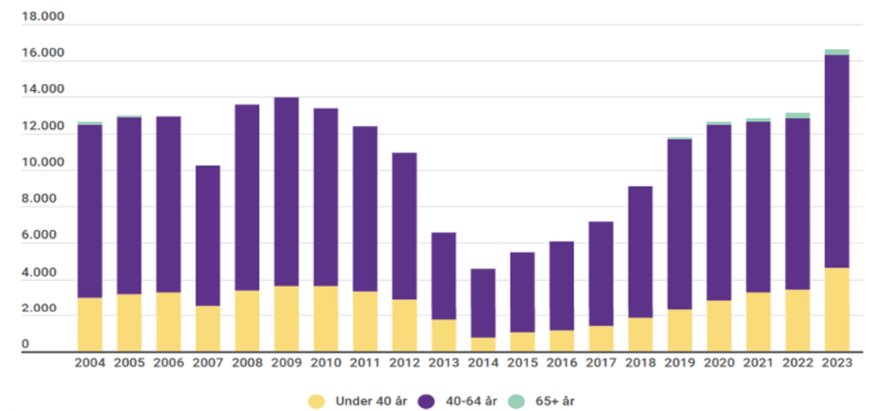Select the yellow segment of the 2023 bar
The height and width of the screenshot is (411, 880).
click(x=836, y=309)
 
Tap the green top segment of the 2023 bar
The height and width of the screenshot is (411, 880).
click(x=836, y=52)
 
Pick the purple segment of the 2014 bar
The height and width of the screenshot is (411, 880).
click(x=483, y=303)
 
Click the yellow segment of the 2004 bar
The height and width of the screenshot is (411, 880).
click(x=90, y=324)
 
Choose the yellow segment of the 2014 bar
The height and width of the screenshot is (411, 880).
click(x=483, y=344)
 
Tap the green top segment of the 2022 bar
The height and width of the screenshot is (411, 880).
click(x=797, y=115)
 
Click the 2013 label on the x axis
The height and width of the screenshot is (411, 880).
click(x=443, y=363)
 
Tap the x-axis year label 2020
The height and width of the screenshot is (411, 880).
click(x=719, y=363)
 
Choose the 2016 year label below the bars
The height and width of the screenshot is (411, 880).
click(x=561, y=363)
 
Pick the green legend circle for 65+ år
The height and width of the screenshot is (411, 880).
click(x=517, y=400)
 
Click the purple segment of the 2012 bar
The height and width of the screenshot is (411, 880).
click(x=404, y=226)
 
